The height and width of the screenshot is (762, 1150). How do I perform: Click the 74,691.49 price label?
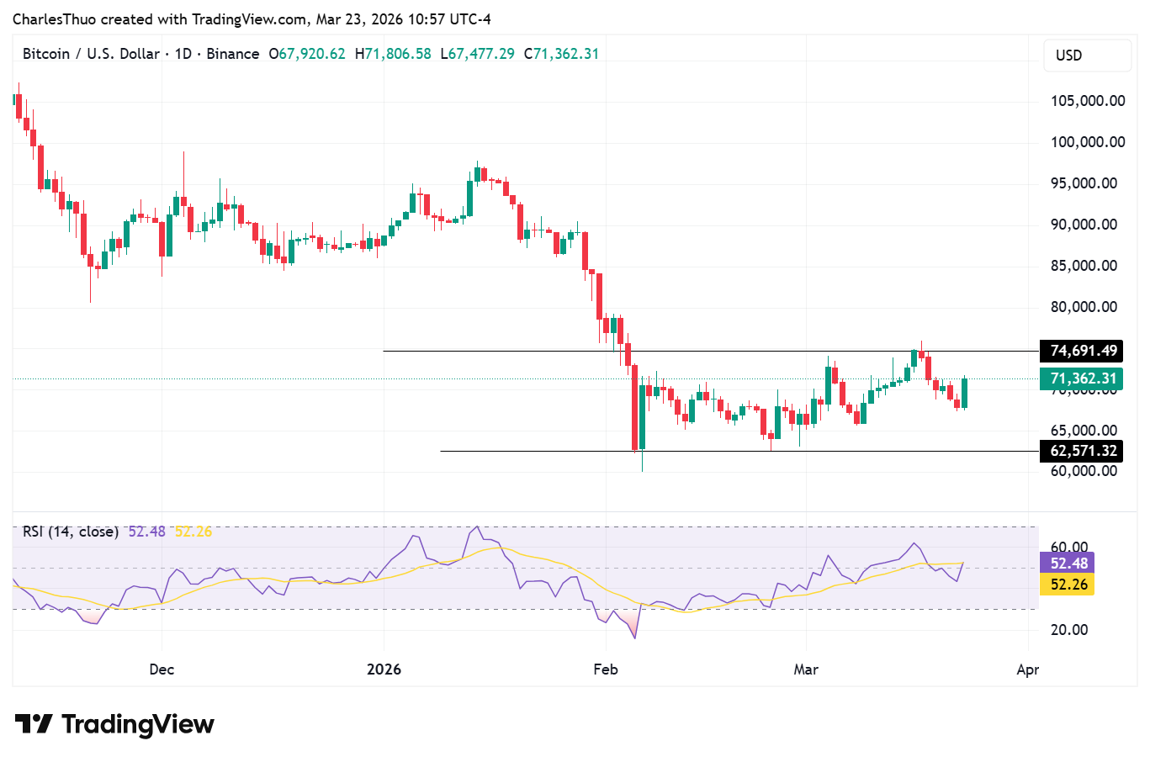tap(1083, 351)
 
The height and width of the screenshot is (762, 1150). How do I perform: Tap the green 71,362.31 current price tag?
tap(1083, 378)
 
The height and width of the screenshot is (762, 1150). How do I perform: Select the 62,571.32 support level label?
tap(1083, 451)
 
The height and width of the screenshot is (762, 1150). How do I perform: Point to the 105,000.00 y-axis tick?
tap(1087, 101)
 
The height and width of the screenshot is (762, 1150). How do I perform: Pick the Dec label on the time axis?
tap(162, 669)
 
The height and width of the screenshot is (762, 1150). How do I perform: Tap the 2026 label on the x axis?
tap(384, 669)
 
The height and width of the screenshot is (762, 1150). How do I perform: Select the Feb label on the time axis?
tap(606, 669)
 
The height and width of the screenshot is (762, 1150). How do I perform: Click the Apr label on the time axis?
tap(1027, 669)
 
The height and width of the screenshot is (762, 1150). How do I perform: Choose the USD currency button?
tap(1069, 56)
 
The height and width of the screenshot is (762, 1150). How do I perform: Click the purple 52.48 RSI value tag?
tap(1068, 564)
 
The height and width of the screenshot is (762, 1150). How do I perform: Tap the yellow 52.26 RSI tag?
tap(1068, 585)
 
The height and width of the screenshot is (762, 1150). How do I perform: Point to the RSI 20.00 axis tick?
tap(1069, 629)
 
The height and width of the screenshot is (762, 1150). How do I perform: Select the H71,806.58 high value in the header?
tap(393, 54)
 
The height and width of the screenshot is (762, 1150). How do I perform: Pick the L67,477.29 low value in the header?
tap(477, 54)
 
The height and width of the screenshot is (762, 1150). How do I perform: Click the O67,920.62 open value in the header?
tap(307, 54)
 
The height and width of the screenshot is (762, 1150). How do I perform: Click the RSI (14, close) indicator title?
tap(71, 532)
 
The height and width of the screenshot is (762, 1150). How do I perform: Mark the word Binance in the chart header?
tap(233, 54)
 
